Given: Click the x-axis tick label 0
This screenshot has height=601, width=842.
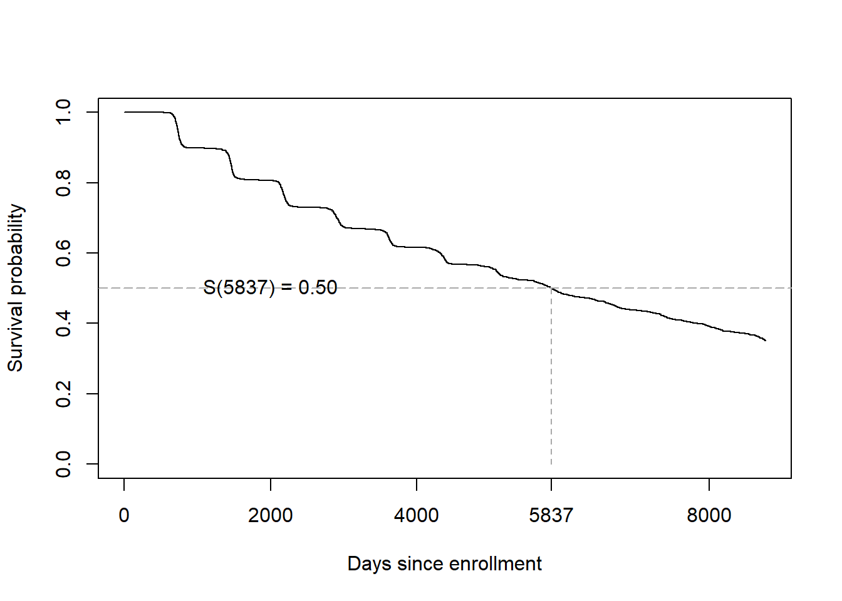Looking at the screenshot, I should tap(124, 515).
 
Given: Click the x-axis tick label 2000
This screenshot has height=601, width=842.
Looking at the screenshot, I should tap(270, 515).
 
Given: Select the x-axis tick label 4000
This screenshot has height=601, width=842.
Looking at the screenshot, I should tap(416, 515).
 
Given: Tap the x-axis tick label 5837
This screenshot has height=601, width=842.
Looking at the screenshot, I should tap(551, 515).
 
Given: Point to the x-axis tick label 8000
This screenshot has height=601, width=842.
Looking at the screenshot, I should tap(709, 515).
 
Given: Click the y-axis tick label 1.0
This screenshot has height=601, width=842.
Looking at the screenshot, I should tap(63, 112).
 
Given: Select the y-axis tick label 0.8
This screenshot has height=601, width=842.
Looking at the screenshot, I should tap(63, 183).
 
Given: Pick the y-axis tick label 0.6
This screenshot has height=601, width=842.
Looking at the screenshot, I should tap(63, 253).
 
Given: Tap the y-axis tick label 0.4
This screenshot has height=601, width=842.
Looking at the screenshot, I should tap(63, 323).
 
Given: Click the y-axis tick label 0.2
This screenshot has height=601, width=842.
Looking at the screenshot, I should tap(63, 394).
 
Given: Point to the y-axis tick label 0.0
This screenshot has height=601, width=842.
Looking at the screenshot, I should tap(63, 464).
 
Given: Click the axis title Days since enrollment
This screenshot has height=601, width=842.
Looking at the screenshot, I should tap(444, 563).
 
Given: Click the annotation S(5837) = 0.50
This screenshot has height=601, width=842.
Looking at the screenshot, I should tap(270, 287).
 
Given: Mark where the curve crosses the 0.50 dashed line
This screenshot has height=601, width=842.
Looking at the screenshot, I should tap(551, 288).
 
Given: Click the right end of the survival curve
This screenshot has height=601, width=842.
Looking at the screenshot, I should tap(765, 341).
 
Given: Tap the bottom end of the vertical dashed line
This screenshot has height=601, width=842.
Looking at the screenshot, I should tap(551, 463).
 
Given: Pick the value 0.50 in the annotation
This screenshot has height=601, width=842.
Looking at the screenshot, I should tap(318, 287).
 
